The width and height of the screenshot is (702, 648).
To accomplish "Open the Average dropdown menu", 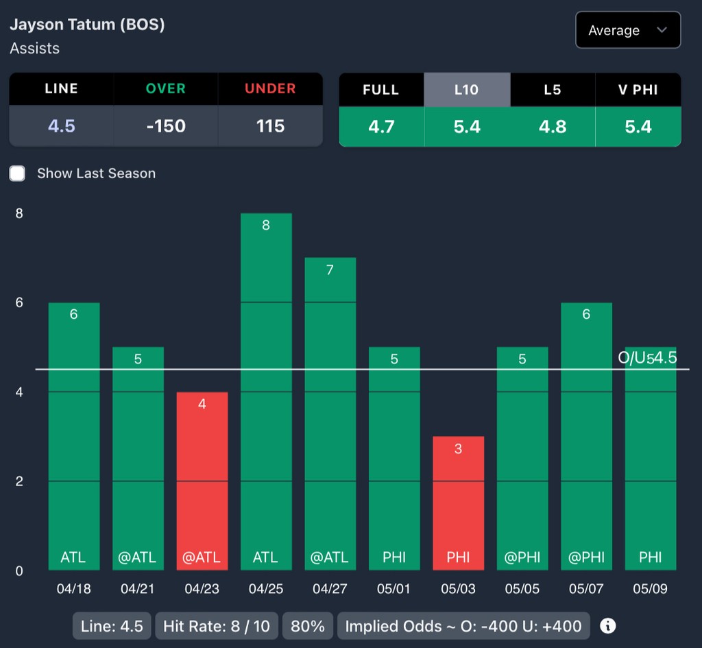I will coord(627,30).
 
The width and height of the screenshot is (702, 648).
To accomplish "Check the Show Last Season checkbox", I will coord(18,173).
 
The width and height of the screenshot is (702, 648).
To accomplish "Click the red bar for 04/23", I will coord(202,480).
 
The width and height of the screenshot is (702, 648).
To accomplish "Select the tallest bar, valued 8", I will coord(266,391).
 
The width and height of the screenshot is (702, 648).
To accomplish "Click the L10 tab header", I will coord(467,89).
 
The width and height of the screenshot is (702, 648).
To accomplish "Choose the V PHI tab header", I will coord(638,89).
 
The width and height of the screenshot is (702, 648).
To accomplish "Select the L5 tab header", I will coord(552,89).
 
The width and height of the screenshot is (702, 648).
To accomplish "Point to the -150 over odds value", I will coord(166,126).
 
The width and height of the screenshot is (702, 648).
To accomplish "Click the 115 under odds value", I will coord(270,126).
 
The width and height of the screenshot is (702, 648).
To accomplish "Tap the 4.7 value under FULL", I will coord(381,127).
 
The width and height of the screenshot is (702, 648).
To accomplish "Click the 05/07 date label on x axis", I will coord(586,589).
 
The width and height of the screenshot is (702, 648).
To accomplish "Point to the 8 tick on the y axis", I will coord(19,213).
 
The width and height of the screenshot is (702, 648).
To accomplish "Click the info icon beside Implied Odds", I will coord(607,626).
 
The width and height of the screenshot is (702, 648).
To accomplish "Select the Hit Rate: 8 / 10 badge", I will coord(217,626).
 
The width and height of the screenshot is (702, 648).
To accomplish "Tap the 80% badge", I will coord(308,626).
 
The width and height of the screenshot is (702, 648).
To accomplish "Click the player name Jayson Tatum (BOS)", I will coord(87,25).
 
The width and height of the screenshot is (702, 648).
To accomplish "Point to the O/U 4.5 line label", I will coord(647,357).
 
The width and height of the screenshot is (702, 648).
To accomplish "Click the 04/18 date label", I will coord(73,589).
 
